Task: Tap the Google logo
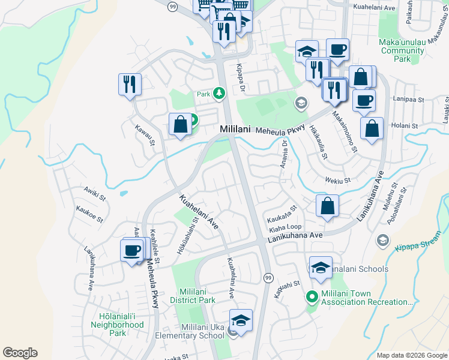[20, 353]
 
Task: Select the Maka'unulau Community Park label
[403, 51]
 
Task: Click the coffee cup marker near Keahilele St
[131, 250]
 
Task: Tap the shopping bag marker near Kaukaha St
[328, 205]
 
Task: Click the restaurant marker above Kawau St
[129, 85]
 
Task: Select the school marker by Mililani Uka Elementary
[241, 321]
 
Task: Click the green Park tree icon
[220, 94]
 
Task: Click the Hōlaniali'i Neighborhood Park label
[118, 325]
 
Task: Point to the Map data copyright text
[412, 355]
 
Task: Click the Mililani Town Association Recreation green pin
[312, 296]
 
